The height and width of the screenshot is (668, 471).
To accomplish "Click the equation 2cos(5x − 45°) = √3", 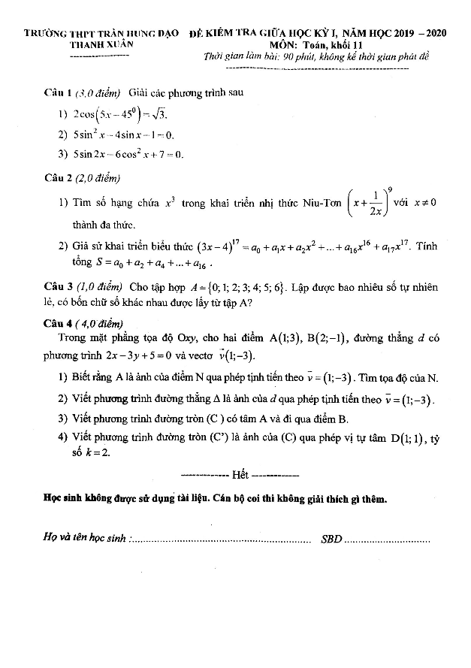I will (120, 114).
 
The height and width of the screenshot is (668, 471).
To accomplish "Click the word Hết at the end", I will (240, 475).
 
